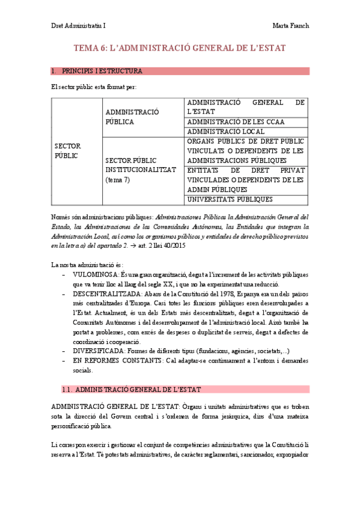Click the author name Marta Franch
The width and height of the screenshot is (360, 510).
click(290, 26)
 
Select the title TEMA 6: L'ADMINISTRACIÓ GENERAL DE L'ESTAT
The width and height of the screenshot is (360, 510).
click(179, 48)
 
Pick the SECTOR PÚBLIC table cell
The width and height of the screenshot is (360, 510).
click(67, 150)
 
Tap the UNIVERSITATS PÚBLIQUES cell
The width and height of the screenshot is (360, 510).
click(230, 199)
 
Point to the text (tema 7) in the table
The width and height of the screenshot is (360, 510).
click(118, 179)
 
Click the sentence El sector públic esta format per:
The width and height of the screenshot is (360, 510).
click(94, 87)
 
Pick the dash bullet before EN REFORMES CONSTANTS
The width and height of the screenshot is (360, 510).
click(64, 360)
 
